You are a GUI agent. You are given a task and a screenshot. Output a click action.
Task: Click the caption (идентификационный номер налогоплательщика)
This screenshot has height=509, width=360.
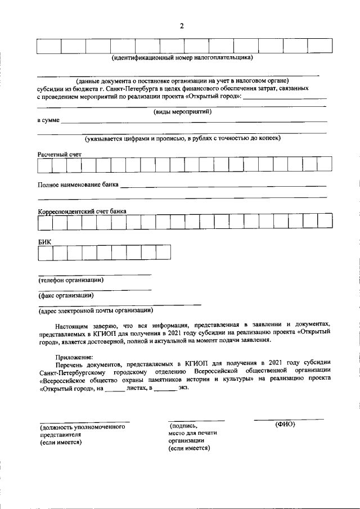(182, 58)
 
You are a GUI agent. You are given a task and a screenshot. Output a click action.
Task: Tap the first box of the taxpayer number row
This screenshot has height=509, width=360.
(49, 46)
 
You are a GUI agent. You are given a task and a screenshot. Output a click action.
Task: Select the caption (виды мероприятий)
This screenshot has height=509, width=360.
(182, 111)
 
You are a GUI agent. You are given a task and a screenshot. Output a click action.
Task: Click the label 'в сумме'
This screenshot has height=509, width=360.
(48, 121)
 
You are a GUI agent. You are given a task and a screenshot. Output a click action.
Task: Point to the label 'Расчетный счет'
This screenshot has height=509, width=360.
(60, 154)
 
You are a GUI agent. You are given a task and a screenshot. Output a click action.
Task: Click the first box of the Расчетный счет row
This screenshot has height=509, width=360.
(45, 165)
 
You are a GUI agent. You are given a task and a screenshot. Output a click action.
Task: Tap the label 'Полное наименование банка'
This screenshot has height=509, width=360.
(78, 184)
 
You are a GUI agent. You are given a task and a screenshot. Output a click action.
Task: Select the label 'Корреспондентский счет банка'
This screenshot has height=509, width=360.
(82, 211)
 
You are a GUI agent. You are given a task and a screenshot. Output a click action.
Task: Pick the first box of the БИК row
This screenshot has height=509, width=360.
(45, 253)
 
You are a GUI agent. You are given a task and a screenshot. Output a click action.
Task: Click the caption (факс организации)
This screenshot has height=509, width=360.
(65, 295)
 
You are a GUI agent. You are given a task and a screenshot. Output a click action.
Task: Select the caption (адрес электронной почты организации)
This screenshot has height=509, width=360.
(96, 310)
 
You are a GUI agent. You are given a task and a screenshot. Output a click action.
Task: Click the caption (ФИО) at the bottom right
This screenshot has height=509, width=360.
(285, 424)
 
